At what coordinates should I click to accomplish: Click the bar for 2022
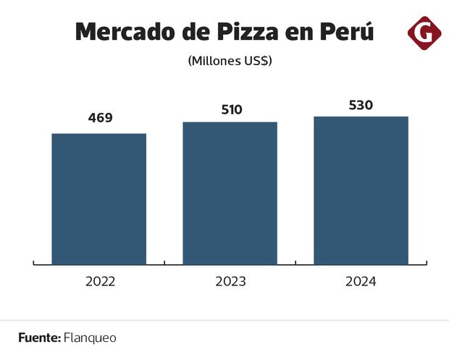[x=99, y=199]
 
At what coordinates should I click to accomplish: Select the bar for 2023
[x=230, y=193]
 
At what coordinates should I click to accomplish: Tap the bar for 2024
[x=361, y=191]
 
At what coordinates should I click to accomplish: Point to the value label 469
[x=100, y=117]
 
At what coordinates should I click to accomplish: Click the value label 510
[x=230, y=110]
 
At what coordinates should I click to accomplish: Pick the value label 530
[x=361, y=105]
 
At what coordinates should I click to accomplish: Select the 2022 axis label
[x=100, y=281]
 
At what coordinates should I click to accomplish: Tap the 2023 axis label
[x=230, y=281]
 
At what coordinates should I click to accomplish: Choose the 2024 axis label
[x=361, y=281]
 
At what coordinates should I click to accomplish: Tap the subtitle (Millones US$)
[x=230, y=61]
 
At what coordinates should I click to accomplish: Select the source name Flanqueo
[x=90, y=338]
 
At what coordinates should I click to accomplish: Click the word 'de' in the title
[x=201, y=33]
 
